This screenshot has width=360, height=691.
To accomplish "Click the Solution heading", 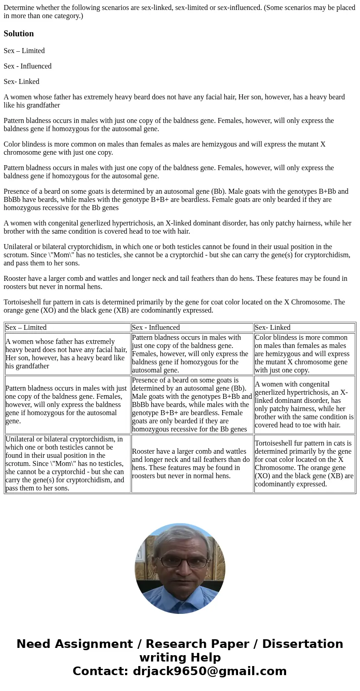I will coord(19,34).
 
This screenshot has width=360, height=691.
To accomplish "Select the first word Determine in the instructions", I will coord(19,8).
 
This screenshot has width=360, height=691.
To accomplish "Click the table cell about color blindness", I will coord(304,354).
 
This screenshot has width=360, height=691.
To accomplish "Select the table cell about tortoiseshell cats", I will coord(304,463).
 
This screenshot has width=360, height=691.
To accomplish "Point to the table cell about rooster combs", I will coord(192,463).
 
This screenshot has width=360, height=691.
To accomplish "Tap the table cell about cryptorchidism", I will coord(67,463).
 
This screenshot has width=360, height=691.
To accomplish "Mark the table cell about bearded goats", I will coord(192,404).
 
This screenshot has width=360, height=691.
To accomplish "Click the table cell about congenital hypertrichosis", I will coord(304,404).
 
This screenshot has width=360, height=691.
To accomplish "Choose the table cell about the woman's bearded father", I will coord(67,354).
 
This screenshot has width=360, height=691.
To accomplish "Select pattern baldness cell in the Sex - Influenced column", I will coord(192,354).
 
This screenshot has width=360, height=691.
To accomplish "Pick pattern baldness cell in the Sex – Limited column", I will coord(67,404).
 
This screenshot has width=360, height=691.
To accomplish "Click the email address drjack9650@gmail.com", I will coord(209,671).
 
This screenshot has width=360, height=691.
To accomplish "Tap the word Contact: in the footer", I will coord(100,671).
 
